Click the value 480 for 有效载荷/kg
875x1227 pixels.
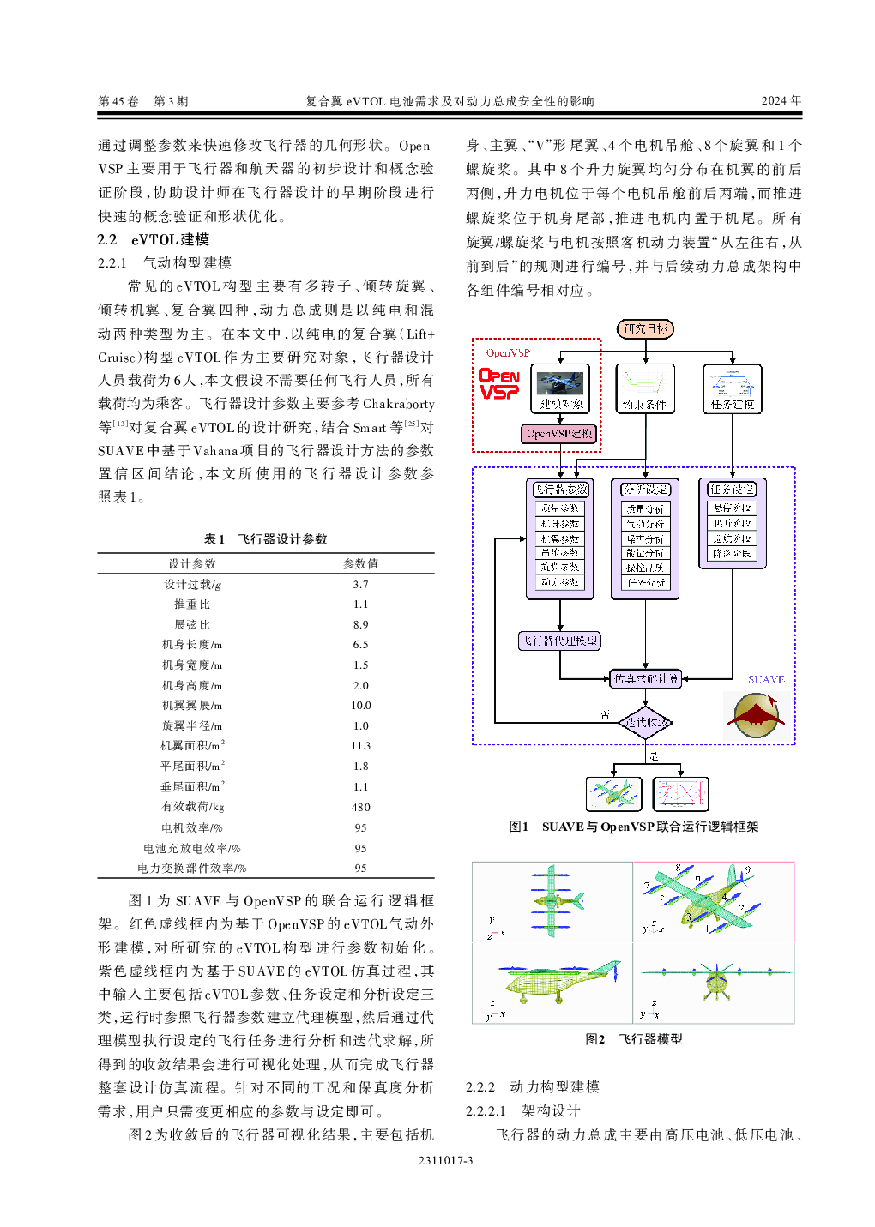coord(360,807)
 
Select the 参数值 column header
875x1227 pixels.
coord(360,563)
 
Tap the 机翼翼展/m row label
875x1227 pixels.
coord(192,705)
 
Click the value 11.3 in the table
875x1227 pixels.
coord(360,746)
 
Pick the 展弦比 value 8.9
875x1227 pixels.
coord(360,625)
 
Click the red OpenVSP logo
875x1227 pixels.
coord(498,383)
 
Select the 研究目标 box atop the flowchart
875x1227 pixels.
coord(645,328)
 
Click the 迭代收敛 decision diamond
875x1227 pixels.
coord(645,722)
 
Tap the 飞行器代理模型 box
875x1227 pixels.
coord(560,641)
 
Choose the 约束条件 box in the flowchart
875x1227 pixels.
coord(645,388)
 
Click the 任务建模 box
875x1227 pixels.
coord(732,388)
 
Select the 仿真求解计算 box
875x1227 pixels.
coord(645,678)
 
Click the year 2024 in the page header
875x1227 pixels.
coord(781,100)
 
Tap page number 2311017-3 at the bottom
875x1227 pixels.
coord(445,1160)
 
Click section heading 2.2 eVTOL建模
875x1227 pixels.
coord(154,239)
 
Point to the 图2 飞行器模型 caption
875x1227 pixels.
coord(633,1038)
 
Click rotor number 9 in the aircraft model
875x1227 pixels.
coord(747,870)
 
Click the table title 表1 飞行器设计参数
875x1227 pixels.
coord(265,538)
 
